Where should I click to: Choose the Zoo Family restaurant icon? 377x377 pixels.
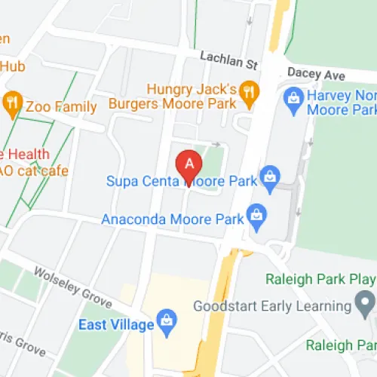coord(12,106)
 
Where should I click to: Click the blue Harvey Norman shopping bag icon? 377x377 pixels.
coord(292,97)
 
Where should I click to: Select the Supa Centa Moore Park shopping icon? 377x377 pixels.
coord(268,176)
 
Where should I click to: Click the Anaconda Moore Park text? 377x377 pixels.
coord(173,219)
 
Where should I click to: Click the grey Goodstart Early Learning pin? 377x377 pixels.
coord(366,305)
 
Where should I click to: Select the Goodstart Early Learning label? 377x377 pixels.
coord(272,306)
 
